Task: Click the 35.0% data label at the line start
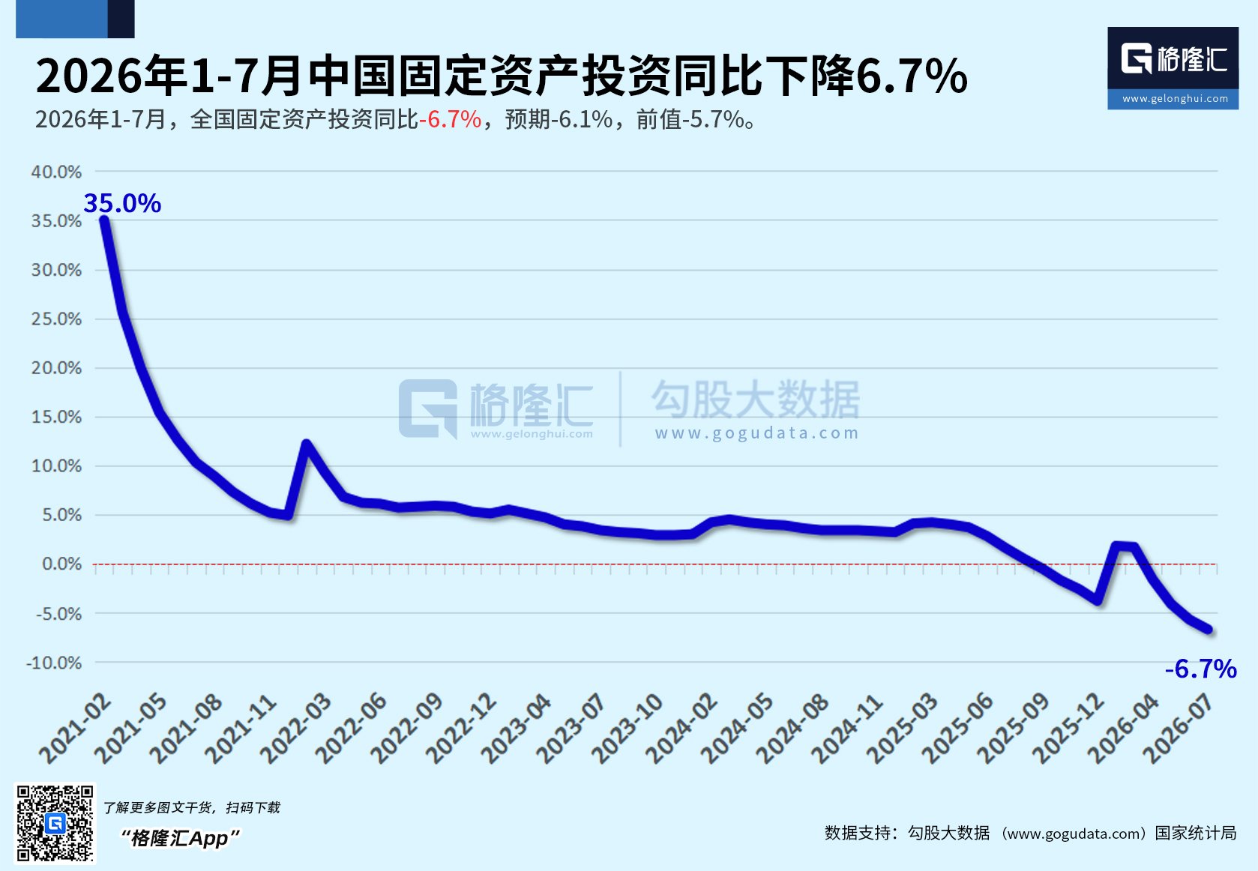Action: (122, 202)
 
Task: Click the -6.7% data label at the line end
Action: (1201, 669)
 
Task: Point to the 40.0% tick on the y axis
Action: (56, 172)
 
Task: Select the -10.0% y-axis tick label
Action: (54, 663)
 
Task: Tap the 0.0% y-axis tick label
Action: (61, 564)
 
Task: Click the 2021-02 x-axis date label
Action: (75, 729)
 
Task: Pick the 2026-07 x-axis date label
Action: (1179, 729)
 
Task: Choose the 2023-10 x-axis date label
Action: (627, 729)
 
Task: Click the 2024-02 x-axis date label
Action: (681, 729)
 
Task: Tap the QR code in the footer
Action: (55, 823)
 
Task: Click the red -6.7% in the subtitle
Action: (451, 120)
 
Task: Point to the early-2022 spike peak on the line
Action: (306, 444)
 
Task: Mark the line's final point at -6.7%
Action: (1209, 630)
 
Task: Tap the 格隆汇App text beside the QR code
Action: (180, 839)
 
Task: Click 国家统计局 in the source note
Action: (1196, 833)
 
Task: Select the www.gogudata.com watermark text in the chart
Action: (757, 433)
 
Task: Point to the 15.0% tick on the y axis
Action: (56, 418)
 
